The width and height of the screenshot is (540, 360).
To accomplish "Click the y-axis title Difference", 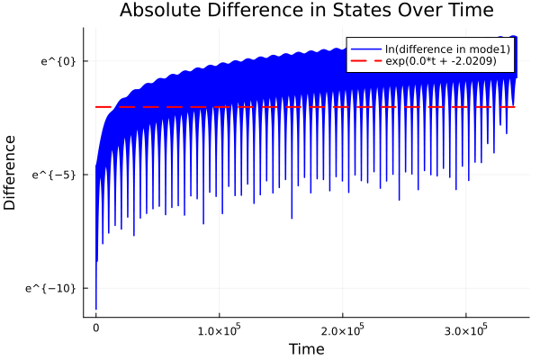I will click(x=11, y=173).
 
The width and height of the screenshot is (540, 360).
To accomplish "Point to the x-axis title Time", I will click(x=306, y=348).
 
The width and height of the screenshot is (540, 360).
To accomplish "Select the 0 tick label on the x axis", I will click(x=95, y=329).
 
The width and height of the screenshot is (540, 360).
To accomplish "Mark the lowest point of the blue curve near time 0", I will click(x=95, y=309).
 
